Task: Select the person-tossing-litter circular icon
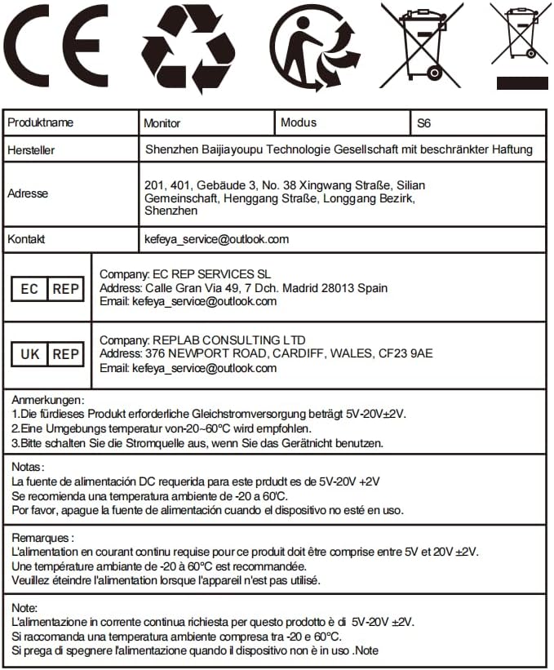(x=314, y=47)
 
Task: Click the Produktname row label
(x=41, y=123)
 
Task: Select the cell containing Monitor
(x=162, y=123)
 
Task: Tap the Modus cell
(x=299, y=122)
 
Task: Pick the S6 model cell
(x=423, y=123)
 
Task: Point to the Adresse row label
(x=28, y=194)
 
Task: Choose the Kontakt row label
(x=26, y=240)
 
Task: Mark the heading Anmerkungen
(x=47, y=400)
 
